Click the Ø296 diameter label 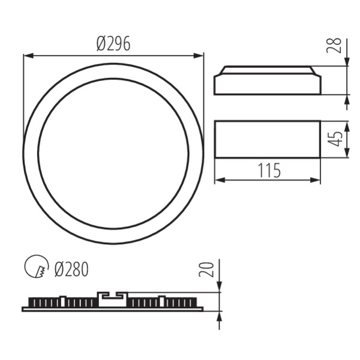click(113, 44)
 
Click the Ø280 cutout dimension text click(71, 269)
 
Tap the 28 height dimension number click(337, 45)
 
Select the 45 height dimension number click(337, 139)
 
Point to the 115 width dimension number click(269, 171)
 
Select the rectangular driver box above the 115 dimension click(268, 139)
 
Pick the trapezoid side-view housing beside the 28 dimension click(268, 81)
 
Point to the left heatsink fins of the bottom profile click(60, 302)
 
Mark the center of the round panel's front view click(113, 154)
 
